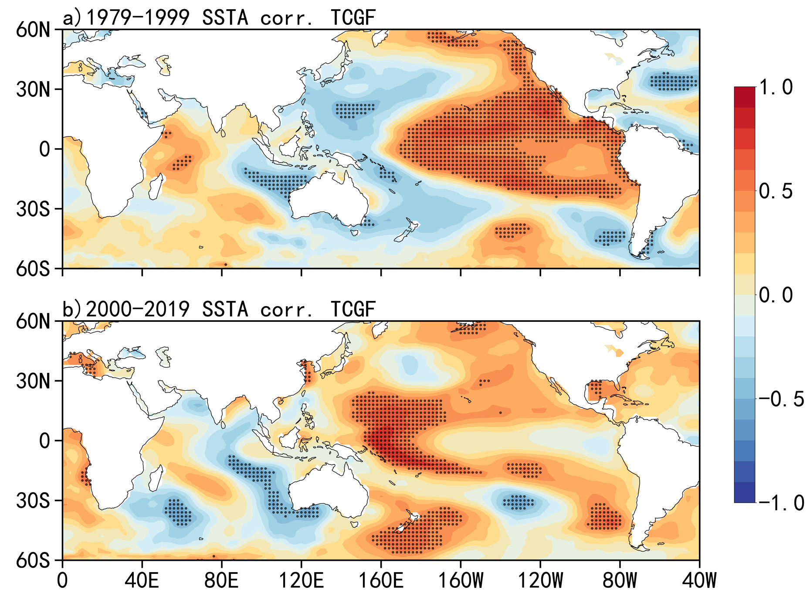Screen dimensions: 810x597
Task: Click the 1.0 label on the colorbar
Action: pyautogui.click(x=776, y=87)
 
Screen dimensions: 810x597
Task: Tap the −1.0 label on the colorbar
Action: pyautogui.click(x=781, y=503)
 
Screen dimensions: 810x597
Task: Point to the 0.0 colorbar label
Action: pyautogui.click(x=776, y=295)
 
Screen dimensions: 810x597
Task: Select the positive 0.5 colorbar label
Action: pyautogui.click(x=776, y=191)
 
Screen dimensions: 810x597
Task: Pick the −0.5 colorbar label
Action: pyautogui.click(x=781, y=399)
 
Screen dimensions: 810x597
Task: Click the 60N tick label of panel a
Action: pyautogui.click(x=33, y=30)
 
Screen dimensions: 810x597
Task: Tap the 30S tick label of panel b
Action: pyautogui.click(x=33, y=501)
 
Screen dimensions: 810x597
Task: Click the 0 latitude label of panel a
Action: pyautogui.click(x=45, y=149)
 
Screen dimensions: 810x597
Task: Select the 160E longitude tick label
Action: pyautogui.click(x=381, y=580)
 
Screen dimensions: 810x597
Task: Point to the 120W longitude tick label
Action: pyautogui.click(x=540, y=580)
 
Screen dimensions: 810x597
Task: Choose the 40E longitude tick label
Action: pyautogui.click(x=142, y=580)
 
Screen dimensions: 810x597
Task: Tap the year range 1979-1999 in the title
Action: pyautogui.click(x=138, y=18)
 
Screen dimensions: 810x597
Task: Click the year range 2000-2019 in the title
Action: pyautogui.click(x=138, y=309)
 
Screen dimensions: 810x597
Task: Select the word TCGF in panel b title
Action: pyautogui.click(x=353, y=309)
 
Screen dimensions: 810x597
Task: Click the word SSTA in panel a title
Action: pyautogui.click(x=225, y=18)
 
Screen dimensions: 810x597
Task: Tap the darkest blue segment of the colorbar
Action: pyautogui.click(x=745, y=492)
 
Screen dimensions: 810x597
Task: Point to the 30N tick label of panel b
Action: pyautogui.click(x=33, y=381)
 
